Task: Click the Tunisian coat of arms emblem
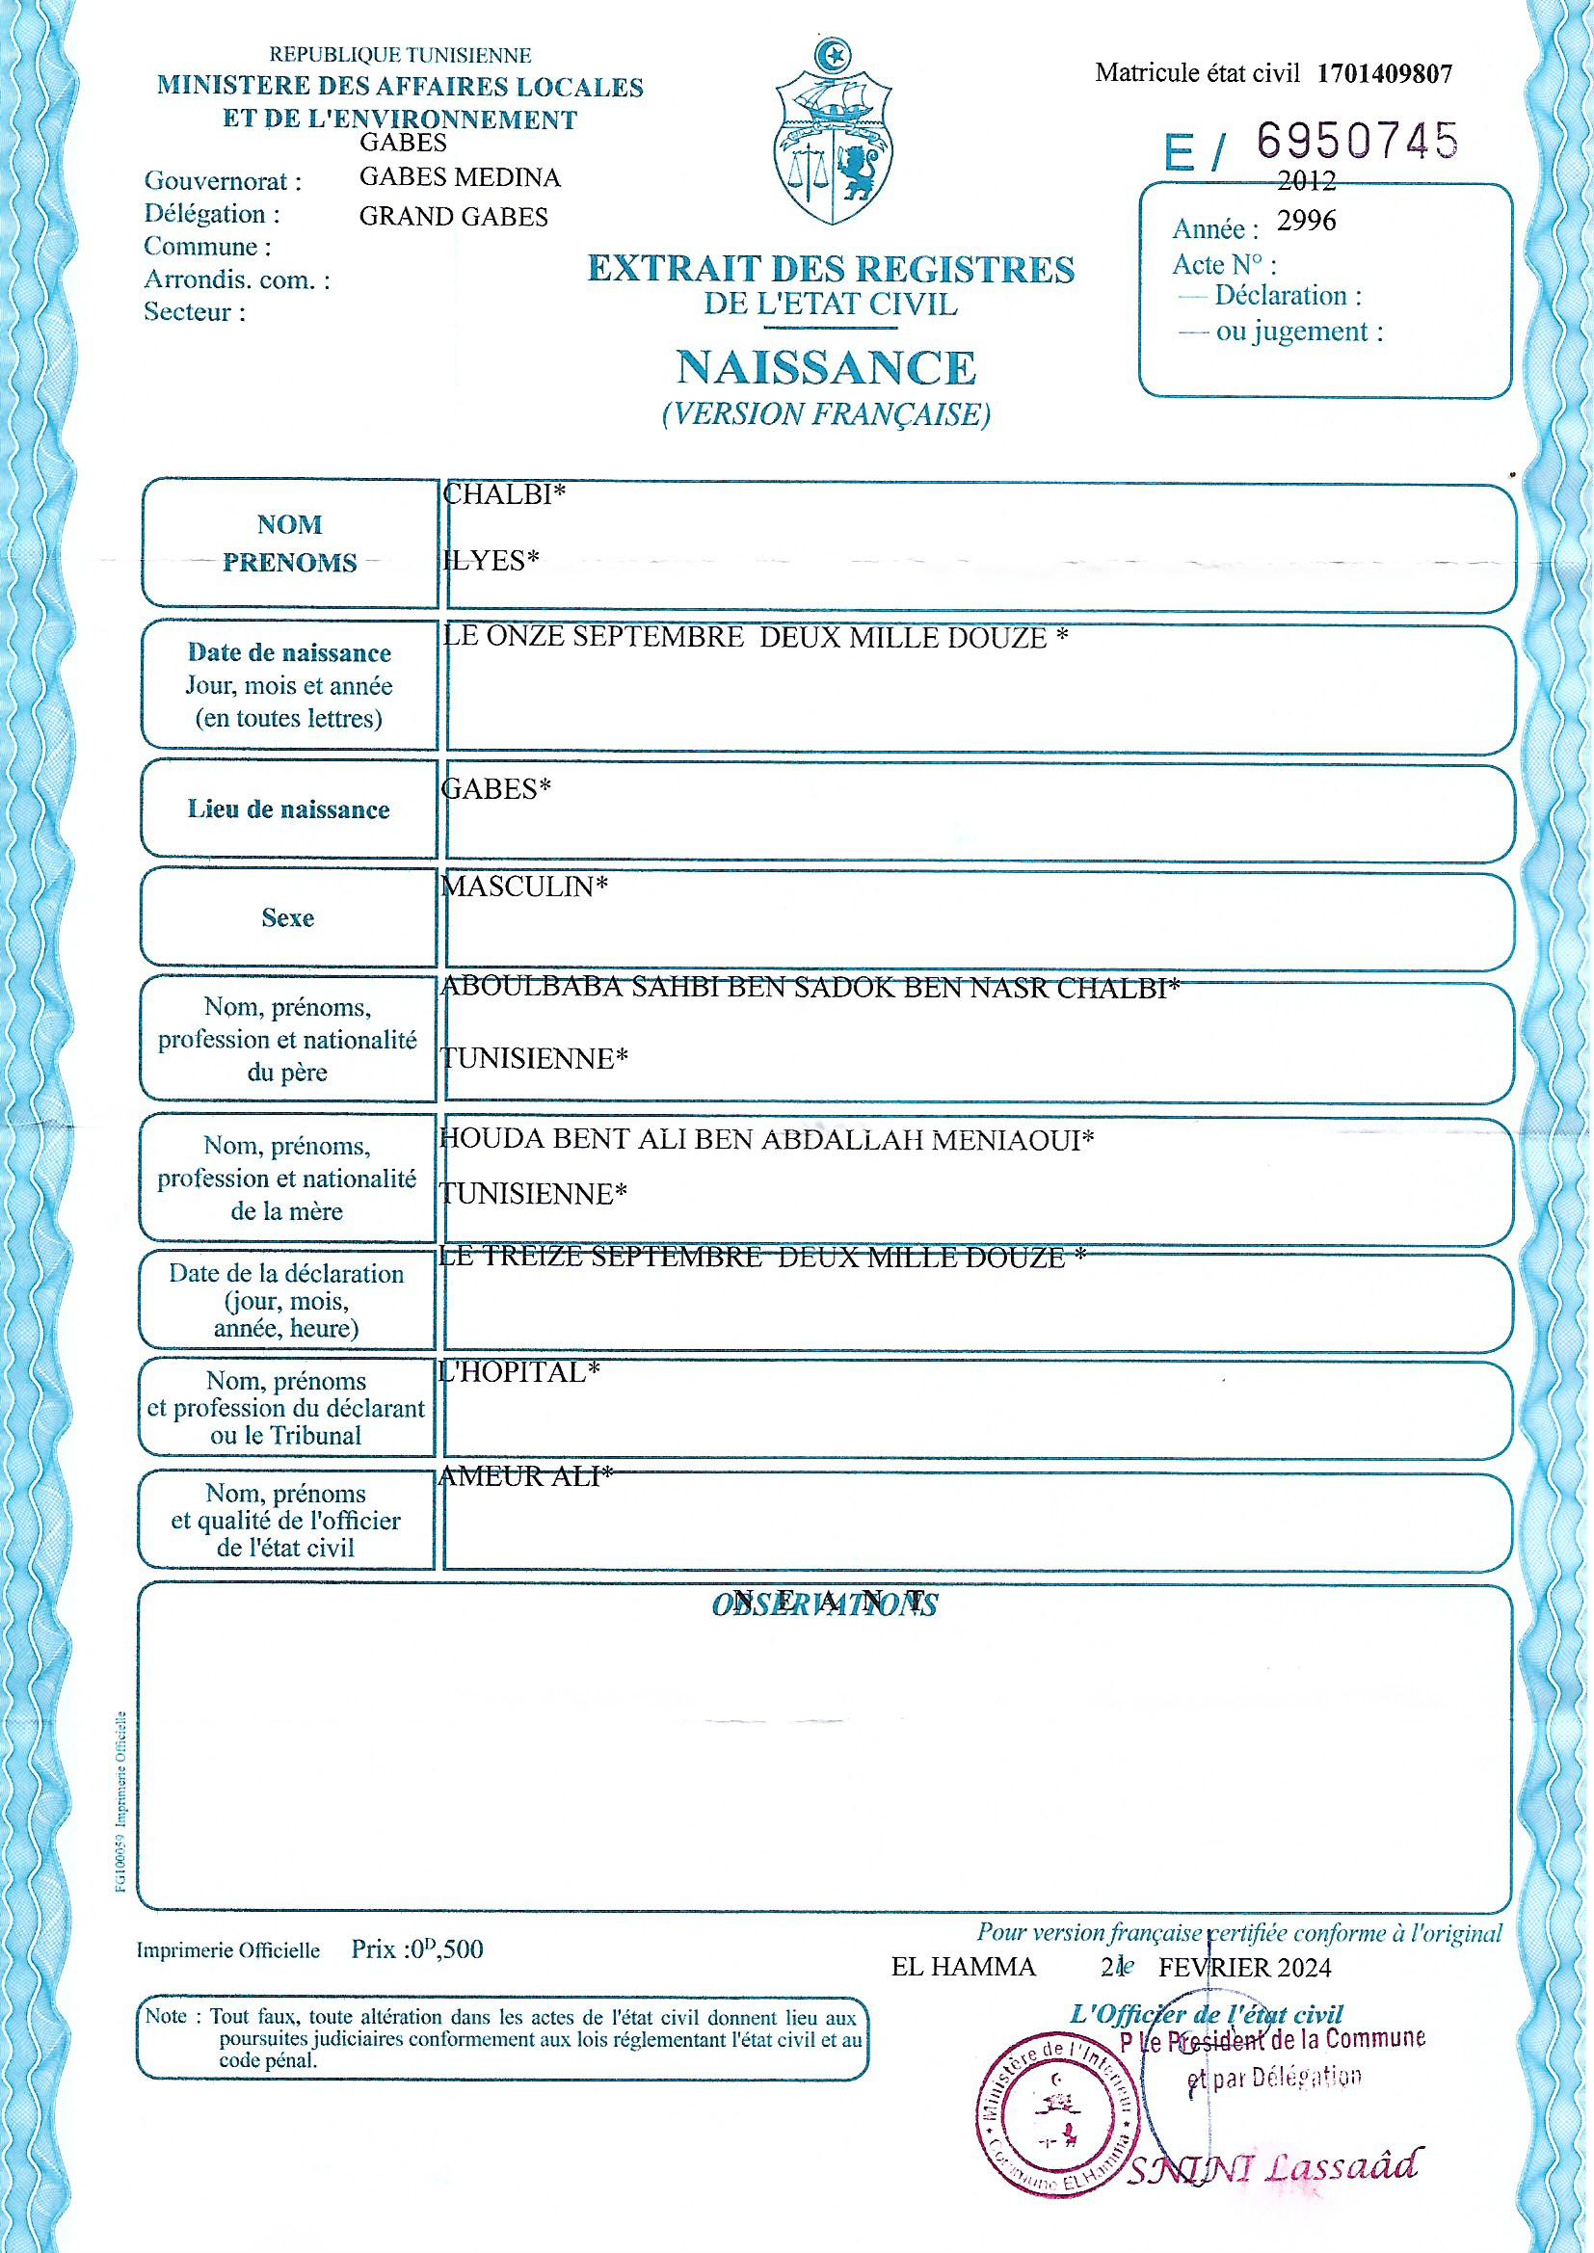point(834,132)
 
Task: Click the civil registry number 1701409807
point(1384,72)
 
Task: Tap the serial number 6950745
point(1358,143)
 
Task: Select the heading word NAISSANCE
point(827,368)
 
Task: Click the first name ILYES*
point(491,559)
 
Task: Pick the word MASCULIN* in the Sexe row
point(524,887)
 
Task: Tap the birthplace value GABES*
point(495,788)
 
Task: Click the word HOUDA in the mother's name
point(480,1139)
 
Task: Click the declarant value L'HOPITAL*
point(518,1372)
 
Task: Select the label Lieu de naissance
point(288,809)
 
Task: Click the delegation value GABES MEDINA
point(460,177)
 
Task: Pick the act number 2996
point(1307,221)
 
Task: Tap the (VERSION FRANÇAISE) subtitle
point(827,414)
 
